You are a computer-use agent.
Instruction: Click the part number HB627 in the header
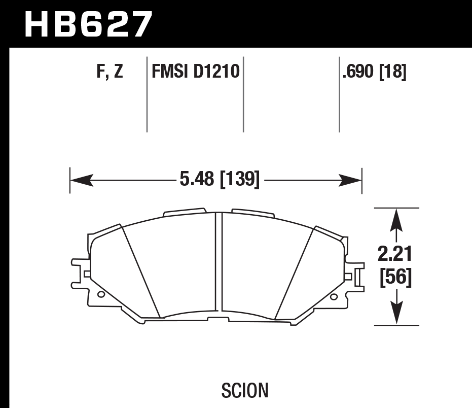tap(88, 24)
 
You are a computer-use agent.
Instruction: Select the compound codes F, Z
tap(110, 72)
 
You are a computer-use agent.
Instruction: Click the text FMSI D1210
tap(195, 72)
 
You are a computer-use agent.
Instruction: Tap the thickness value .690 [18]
tap(374, 72)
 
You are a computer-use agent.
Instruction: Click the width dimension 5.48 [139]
tap(219, 180)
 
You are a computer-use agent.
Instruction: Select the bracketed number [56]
tap(395, 278)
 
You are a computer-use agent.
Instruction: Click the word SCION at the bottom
tap(245, 390)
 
